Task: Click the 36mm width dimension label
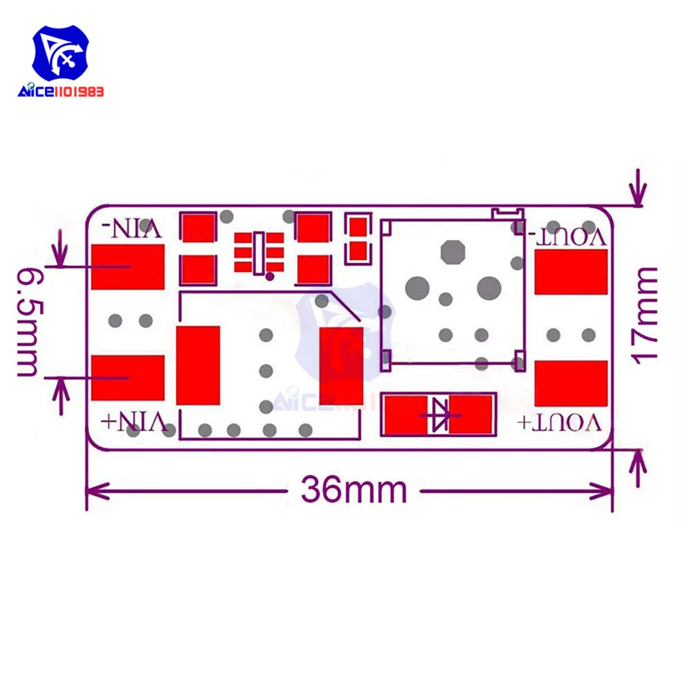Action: coord(354,491)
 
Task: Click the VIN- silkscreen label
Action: coord(132,228)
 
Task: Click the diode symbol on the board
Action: coord(439,414)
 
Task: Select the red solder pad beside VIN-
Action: coord(128,266)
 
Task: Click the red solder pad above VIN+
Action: coord(128,378)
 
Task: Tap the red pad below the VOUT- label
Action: coord(571,271)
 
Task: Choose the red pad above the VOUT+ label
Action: coord(571,383)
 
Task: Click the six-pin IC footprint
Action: coord(259,252)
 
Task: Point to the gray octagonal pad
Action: coord(452,253)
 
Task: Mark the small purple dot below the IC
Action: coord(270,277)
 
